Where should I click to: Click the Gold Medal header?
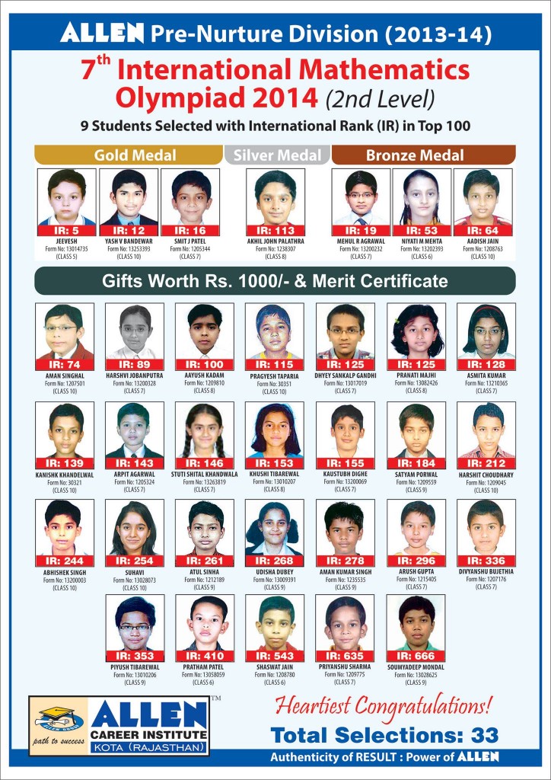(x=135, y=155)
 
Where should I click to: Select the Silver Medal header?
(x=276, y=155)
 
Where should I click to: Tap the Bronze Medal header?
(x=415, y=155)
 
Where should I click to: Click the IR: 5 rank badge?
(x=67, y=230)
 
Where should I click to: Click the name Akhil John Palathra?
(x=275, y=241)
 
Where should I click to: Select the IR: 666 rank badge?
(x=416, y=656)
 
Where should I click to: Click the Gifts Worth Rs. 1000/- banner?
(x=275, y=281)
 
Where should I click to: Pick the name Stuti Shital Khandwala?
(x=205, y=474)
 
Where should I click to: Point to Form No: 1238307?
(x=275, y=248)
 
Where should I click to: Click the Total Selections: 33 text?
(x=384, y=734)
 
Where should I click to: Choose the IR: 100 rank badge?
(x=205, y=364)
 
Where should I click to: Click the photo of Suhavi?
(x=134, y=527)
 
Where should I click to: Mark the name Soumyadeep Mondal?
(x=416, y=668)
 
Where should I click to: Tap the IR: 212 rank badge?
(x=486, y=462)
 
